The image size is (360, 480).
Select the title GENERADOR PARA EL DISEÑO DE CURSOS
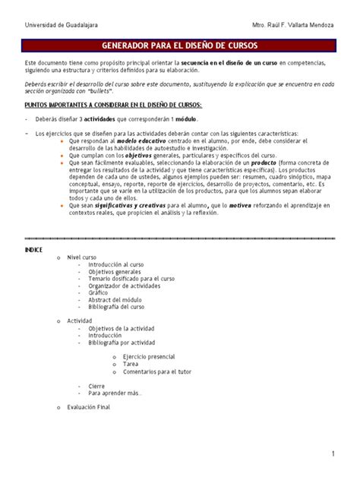coord(180,46)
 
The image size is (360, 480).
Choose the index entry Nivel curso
coord(83,257)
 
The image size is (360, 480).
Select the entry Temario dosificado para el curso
coord(126,278)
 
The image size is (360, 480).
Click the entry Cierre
coord(96,386)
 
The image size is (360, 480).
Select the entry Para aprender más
coord(115,393)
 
